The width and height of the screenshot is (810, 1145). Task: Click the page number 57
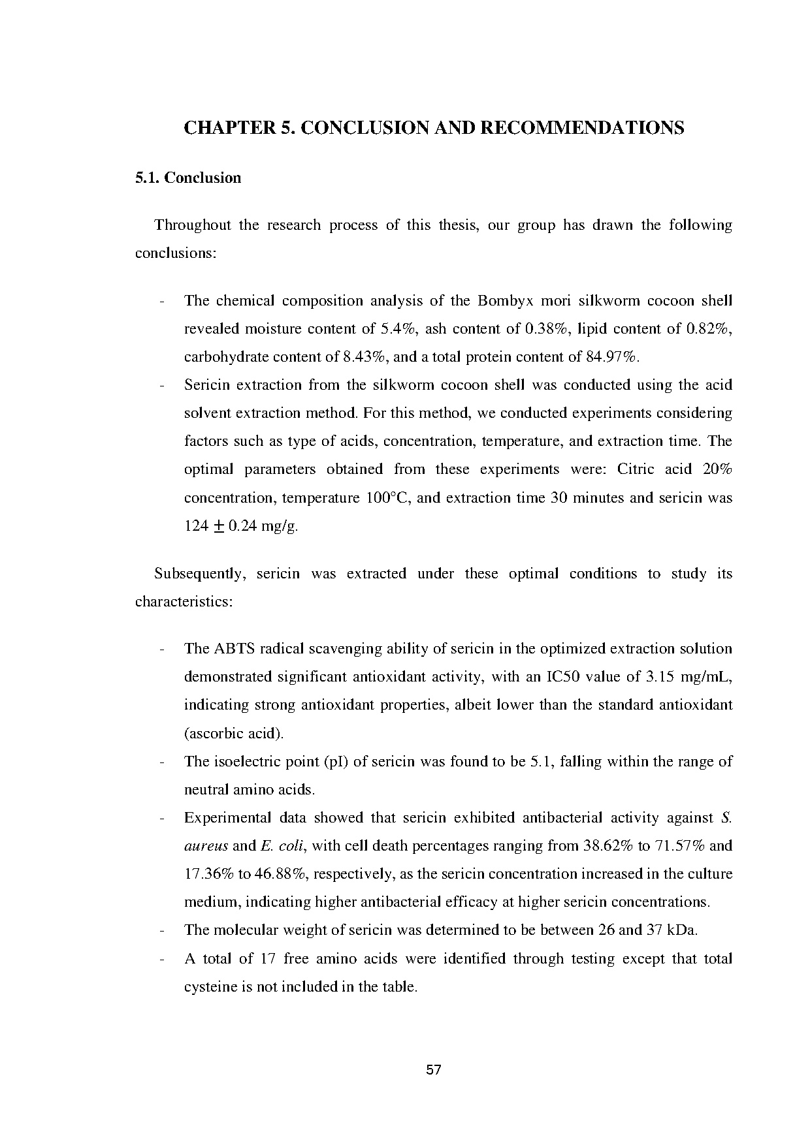[x=434, y=1070]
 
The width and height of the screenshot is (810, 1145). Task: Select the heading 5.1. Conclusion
[x=188, y=178]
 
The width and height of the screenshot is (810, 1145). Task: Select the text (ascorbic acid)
[x=234, y=733]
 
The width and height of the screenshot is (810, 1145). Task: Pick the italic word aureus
[x=206, y=846]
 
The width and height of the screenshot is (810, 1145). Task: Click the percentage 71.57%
[x=679, y=846]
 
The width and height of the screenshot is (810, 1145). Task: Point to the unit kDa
[x=683, y=930]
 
